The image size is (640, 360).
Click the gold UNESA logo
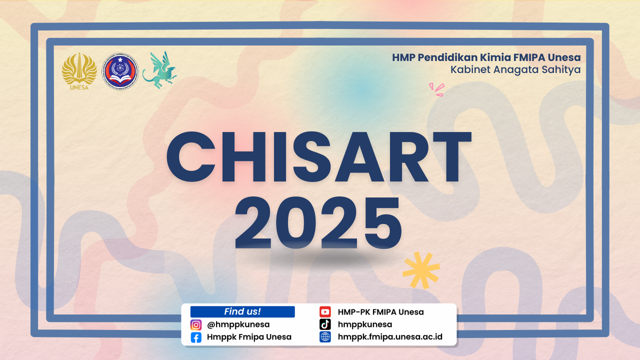click(x=79, y=71)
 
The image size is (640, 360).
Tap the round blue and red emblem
click(x=120, y=71)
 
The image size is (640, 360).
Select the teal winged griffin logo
click(x=159, y=70)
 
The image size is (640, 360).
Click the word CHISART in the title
click(x=319, y=157)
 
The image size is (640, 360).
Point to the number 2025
click(x=318, y=222)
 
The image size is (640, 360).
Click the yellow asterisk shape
click(x=421, y=270)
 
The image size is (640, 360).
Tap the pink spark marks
click(x=437, y=89)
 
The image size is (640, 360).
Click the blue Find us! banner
click(x=242, y=311)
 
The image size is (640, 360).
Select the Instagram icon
click(x=196, y=325)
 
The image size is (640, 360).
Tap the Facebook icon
click(x=196, y=337)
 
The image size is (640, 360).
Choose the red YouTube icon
click(x=325, y=312)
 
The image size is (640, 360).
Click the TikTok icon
click(x=325, y=324)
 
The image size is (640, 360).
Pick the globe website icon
click(x=325, y=337)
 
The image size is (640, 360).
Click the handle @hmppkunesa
click(x=238, y=325)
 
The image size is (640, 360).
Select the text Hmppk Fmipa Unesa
click(x=249, y=337)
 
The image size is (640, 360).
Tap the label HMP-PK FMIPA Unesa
click(x=381, y=312)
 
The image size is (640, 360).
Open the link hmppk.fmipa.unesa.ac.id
click(x=390, y=337)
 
